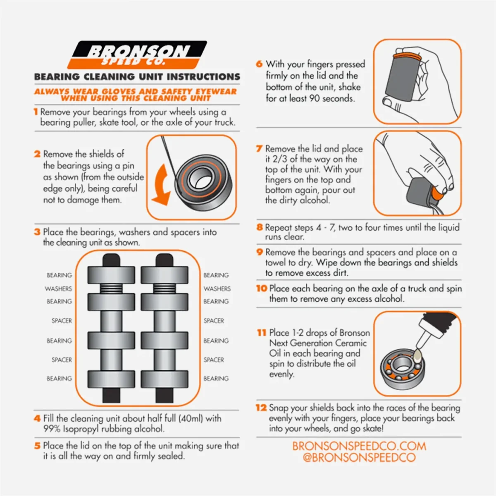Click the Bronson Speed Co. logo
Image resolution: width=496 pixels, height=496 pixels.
137,55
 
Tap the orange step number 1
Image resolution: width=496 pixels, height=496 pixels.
36,112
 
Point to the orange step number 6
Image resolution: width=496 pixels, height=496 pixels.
259,64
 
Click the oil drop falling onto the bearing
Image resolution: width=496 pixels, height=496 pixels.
417,356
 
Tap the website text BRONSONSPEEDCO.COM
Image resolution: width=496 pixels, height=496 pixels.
359,446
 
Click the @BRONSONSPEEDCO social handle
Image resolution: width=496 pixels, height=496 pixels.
359,458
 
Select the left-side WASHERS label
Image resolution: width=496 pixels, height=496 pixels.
58,289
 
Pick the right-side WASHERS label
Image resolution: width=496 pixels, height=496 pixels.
217,289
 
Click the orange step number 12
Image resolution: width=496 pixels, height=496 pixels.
261,408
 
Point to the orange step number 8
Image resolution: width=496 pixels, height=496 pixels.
260,227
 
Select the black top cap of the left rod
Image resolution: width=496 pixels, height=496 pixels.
111,260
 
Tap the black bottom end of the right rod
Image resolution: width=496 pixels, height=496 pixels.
165,395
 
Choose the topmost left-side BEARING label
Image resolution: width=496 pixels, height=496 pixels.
59,275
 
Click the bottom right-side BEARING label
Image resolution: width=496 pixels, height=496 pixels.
216,378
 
